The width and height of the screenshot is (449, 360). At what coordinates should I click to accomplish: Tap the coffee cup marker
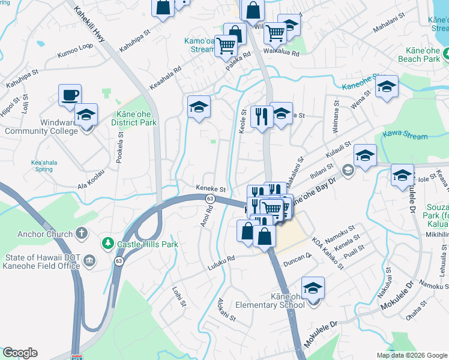(70, 95)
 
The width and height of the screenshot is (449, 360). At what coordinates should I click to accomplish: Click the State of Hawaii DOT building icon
(89, 260)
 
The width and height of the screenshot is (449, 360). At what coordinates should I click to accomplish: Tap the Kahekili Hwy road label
(90, 25)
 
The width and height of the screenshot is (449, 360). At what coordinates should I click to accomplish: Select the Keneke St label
(210, 188)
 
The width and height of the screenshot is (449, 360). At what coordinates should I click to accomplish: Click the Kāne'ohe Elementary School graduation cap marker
(313, 289)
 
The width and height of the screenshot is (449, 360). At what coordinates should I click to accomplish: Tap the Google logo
(20, 353)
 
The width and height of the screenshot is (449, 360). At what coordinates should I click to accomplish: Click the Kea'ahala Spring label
(40, 165)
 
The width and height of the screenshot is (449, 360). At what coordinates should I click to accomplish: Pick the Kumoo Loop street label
(75, 50)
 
